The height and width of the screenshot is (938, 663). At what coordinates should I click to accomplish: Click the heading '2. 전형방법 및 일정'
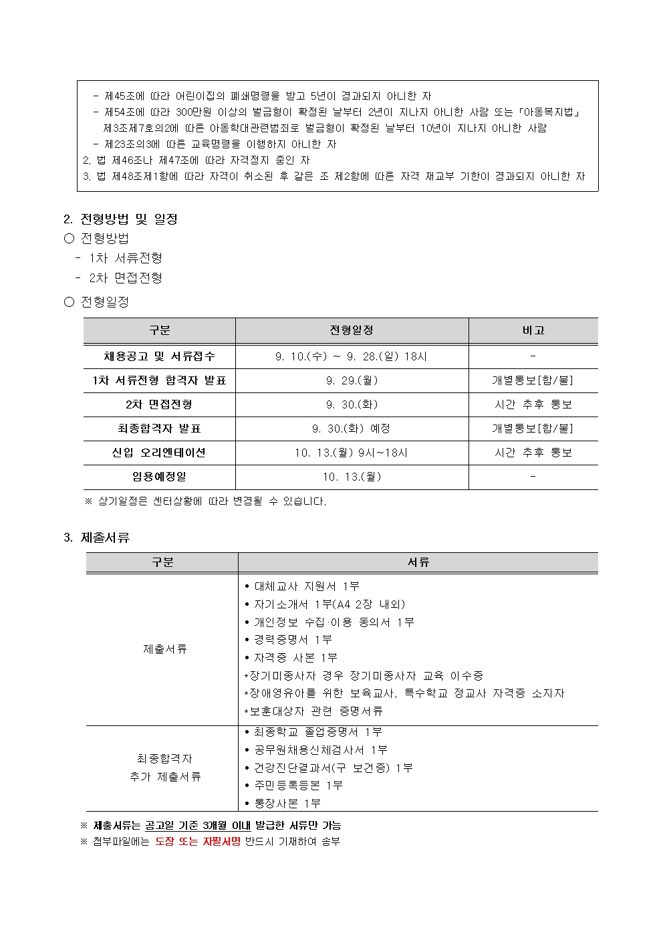point(120,219)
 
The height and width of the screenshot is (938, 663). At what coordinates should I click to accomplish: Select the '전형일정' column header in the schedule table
point(352,330)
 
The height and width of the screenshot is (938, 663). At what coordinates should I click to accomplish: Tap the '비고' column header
point(533,330)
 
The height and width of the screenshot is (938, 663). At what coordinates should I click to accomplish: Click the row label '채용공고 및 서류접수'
point(159,356)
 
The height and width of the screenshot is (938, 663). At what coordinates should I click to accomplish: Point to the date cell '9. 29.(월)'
point(352,380)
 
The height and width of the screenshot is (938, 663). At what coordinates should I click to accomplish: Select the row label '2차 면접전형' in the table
point(159,404)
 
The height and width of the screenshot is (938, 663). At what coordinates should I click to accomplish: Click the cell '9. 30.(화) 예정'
point(352,429)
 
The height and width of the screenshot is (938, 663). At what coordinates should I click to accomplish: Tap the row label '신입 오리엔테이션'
point(159,453)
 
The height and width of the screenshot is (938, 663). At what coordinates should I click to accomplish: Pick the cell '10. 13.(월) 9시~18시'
point(352,453)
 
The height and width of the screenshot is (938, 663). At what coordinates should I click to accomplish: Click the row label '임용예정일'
point(159,477)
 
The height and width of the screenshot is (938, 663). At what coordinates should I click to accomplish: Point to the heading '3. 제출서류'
point(97,538)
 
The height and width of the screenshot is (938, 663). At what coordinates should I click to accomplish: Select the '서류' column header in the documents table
point(418,562)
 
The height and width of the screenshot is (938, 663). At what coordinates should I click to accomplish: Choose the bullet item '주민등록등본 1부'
point(297,785)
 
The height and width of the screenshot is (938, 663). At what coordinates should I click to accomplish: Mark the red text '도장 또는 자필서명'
point(198,841)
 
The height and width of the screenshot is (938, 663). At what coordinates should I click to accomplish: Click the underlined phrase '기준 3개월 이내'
point(213,826)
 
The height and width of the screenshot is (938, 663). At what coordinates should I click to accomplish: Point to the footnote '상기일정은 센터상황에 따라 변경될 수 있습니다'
point(211,501)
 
